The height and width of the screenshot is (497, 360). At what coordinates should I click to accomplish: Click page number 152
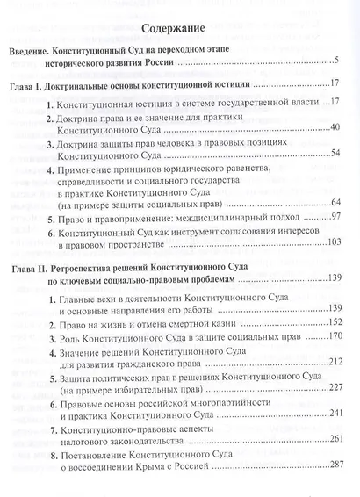[330, 321]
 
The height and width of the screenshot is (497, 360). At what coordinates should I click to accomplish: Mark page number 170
[330, 335]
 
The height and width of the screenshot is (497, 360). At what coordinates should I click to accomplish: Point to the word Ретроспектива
[117, 265]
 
